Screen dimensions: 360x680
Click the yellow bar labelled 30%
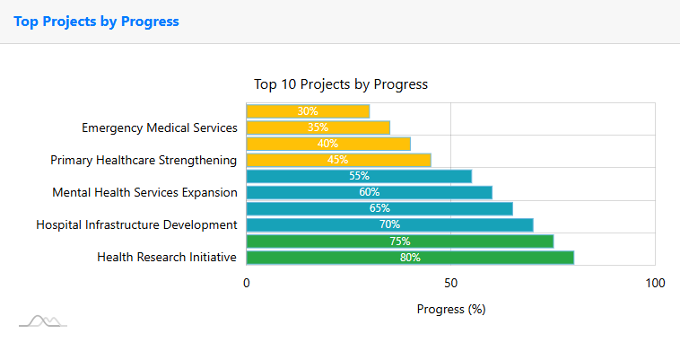point(308,111)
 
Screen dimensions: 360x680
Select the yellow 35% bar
point(318,127)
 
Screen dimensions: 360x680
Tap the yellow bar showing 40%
point(328,144)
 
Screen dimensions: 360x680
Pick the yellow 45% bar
point(338,160)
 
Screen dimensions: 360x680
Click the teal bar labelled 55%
point(359,176)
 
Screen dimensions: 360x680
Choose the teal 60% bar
point(369,192)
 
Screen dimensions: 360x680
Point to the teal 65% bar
point(379,208)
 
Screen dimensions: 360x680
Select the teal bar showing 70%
point(389,224)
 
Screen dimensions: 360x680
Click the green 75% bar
point(400,241)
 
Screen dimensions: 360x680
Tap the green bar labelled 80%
point(410,258)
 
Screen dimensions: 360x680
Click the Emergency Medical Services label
point(160,127)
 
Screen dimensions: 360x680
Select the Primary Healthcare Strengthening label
point(144,160)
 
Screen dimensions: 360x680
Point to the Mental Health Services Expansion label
point(144,192)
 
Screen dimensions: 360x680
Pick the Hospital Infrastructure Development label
point(136,224)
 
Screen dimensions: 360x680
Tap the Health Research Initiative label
point(167,258)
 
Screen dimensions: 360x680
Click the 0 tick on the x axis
point(247,284)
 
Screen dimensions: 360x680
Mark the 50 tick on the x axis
point(451,284)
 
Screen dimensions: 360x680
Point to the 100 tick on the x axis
point(655,284)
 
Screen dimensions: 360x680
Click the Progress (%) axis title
point(451,309)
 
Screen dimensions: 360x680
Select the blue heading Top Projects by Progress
point(97,22)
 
